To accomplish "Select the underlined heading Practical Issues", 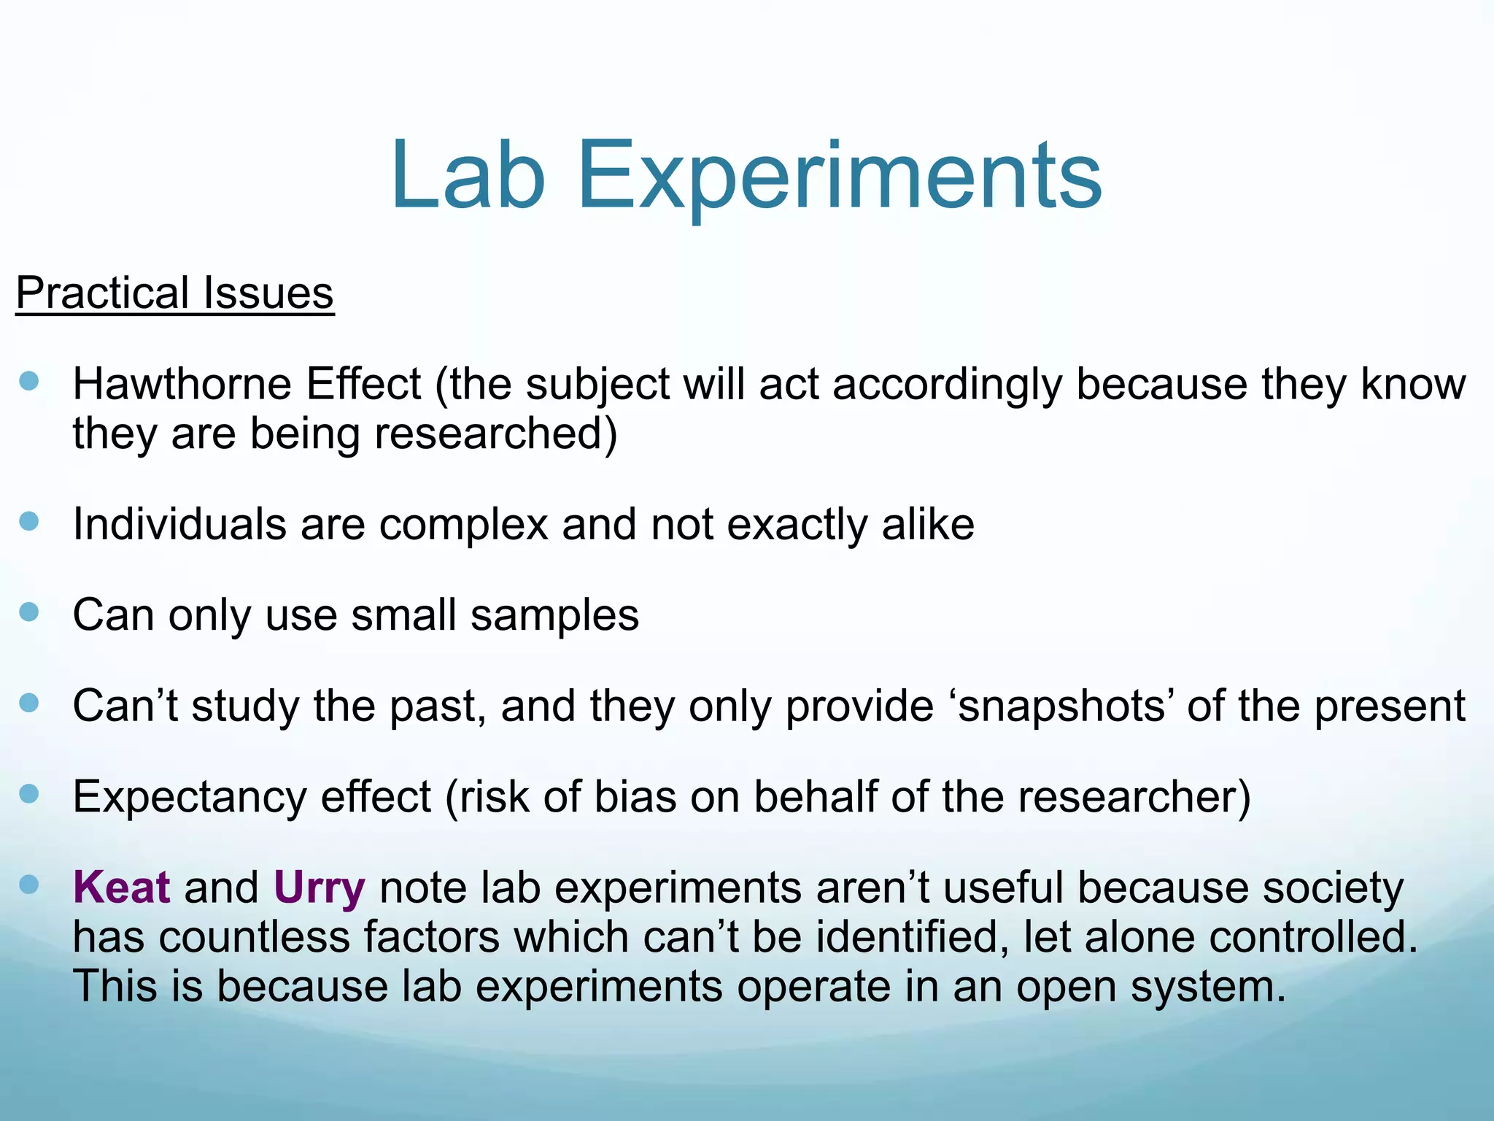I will point(174,293).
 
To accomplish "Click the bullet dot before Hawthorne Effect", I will point(29,381).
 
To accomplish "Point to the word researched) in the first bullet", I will point(495,434).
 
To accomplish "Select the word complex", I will point(462,525).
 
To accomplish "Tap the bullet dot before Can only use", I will point(29,612).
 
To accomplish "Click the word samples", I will point(554,615).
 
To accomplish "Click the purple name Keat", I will point(121,887).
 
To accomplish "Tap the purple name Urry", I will point(319,889).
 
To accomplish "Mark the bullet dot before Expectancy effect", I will point(29,793).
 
